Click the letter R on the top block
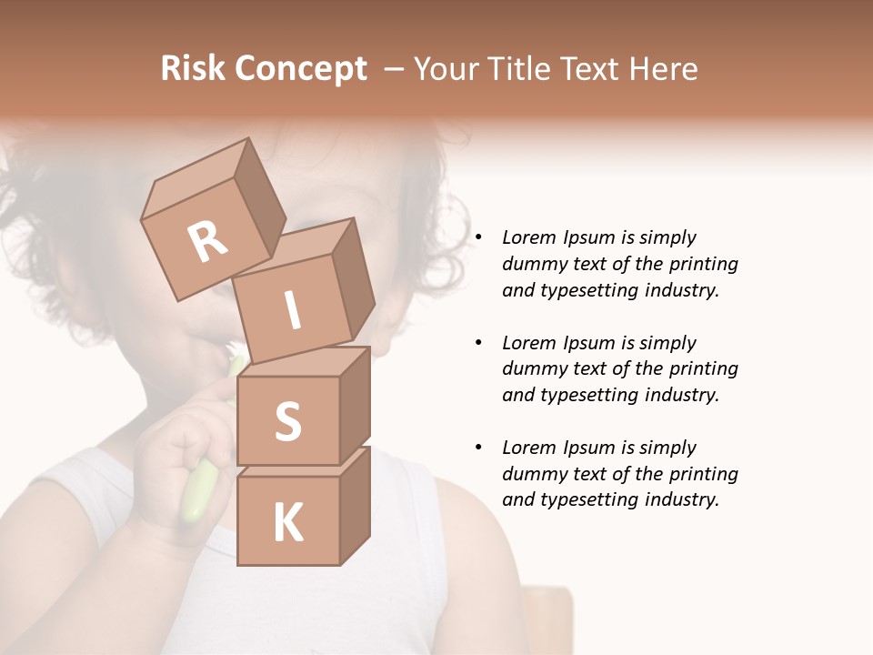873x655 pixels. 207,243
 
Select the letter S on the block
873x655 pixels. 287,420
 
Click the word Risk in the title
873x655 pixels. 194,69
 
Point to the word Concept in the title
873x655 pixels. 302,69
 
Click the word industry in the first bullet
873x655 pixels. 682,290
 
